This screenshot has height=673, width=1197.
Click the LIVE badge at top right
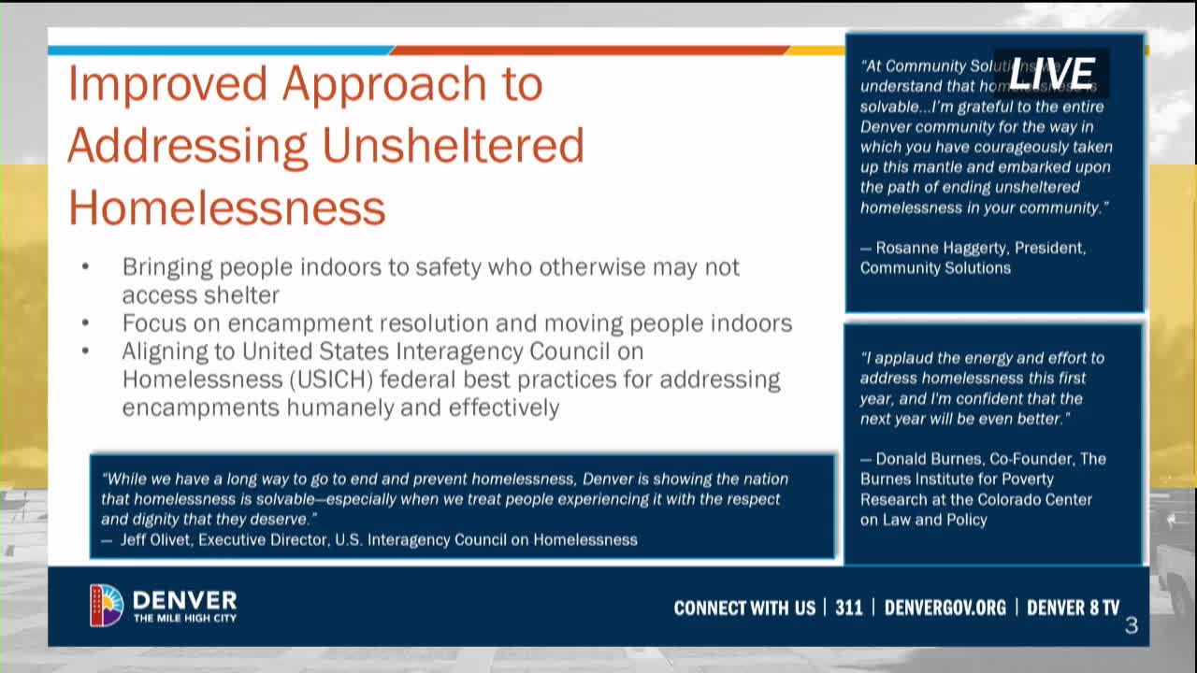tap(1051, 74)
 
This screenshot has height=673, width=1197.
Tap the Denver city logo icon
tap(107, 605)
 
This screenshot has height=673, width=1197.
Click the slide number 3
tap(1131, 625)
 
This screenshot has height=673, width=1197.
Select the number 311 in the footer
tap(848, 608)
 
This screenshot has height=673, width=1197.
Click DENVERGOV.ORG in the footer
tap(945, 608)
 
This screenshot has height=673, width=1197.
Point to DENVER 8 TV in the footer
tap(1073, 608)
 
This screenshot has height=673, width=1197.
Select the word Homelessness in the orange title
tap(227, 208)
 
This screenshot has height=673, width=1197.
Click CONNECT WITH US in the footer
tap(744, 608)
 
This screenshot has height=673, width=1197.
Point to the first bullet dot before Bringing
tap(85, 267)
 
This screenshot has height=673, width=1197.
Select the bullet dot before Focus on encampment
tap(85, 323)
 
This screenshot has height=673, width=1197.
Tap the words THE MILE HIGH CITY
tap(184, 618)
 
